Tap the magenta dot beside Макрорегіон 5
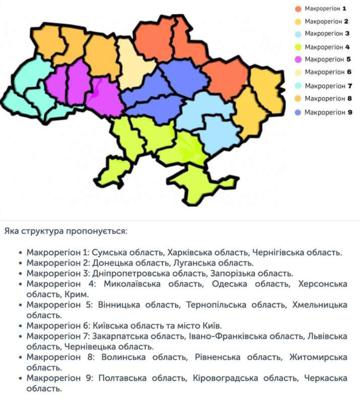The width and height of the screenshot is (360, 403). coord(298,59)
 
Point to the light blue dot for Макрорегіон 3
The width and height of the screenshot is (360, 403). coord(298,34)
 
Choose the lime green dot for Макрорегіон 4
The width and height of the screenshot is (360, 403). coord(298,47)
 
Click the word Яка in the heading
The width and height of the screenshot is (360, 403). coord(12,231)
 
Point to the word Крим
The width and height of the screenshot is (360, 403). coord(77,294)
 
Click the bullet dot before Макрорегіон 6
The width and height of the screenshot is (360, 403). coord(19,326)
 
